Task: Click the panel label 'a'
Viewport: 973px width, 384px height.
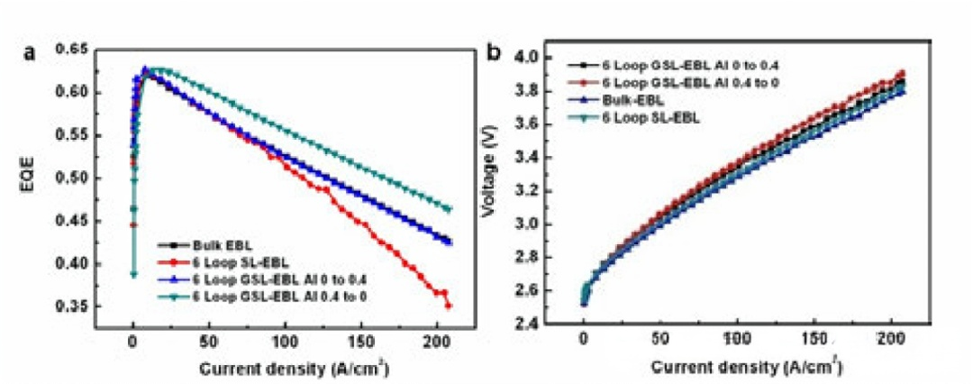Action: (x=30, y=53)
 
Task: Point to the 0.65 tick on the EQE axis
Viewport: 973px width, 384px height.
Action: (x=102, y=49)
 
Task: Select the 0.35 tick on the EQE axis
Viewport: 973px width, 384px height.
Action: (x=102, y=306)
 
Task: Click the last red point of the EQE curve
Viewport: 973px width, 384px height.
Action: (x=448, y=306)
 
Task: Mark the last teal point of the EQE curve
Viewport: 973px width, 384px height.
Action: (x=448, y=209)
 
